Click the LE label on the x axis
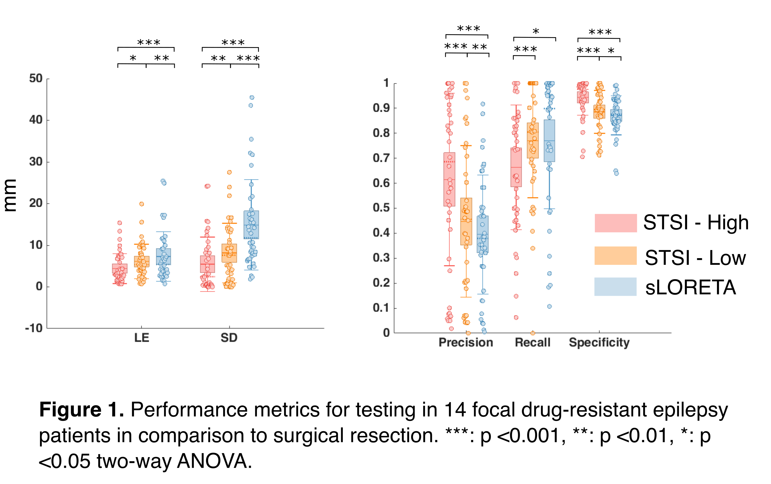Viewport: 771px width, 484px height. pyautogui.click(x=141, y=338)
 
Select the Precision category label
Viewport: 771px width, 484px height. pyautogui.click(x=465, y=343)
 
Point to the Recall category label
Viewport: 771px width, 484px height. pyautogui.click(x=532, y=343)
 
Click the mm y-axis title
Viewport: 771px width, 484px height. pyautogui.click(x=10, y=195)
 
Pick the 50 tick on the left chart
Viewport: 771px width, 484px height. pyautogui.click(x=36, y=78)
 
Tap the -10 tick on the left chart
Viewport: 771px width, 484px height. pyautogui.click(x=34, y=328)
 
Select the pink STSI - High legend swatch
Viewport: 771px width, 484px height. pyautogui.click(x=616, y=223)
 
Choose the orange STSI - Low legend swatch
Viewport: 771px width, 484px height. pyautogui.click(x=616, y=255)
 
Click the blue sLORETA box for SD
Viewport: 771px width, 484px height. pyautogui.click(x=251, y=224)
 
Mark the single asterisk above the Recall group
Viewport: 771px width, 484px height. pyautogui.click(x=536, y=31)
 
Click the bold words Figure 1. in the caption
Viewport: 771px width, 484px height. pyautogui.click(x=81, y=409)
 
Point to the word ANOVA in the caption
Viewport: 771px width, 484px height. pyautogui.click(x=214, y=461)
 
